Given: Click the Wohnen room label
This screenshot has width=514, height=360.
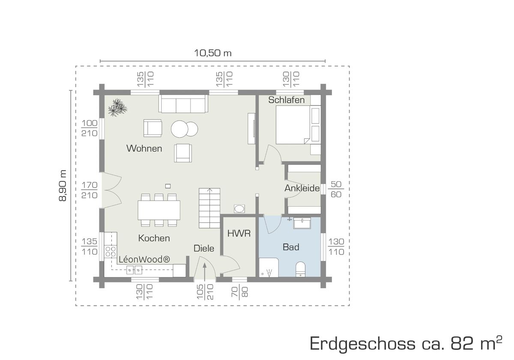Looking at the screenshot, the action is pos(144,148).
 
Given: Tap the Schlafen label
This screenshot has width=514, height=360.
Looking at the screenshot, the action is pos(287,100).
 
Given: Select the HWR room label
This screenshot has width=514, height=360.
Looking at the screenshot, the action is pos(239,234).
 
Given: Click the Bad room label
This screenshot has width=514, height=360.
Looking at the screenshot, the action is pos(291,247).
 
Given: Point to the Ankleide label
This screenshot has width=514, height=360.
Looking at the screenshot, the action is pos(302,188).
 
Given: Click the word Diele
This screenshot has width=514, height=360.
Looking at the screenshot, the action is pos(204,249).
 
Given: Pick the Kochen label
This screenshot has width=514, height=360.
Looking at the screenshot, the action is pos(154,238).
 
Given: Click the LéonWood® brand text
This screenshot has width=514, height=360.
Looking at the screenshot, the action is pos(144,259).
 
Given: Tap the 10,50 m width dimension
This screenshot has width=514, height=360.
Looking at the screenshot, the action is pos(213,53).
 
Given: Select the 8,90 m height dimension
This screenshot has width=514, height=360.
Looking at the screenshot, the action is pos(63,186).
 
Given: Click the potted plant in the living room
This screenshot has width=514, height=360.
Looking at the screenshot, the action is pos(117,108).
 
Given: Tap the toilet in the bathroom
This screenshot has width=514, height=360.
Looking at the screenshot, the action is pos(300,269).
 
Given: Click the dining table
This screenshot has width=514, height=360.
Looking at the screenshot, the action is pos(159,210).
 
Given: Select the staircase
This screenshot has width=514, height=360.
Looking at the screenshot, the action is pos(209,208).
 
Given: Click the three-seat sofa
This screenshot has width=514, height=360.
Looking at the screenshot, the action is pos(183,104).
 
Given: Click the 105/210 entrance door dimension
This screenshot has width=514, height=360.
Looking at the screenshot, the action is pos(205,292).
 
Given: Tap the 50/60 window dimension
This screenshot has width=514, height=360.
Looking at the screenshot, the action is pos(336,189).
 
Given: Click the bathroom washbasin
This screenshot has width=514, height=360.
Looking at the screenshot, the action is pos(302,223).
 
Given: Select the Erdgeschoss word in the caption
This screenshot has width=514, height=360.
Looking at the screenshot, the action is pos(362,344).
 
